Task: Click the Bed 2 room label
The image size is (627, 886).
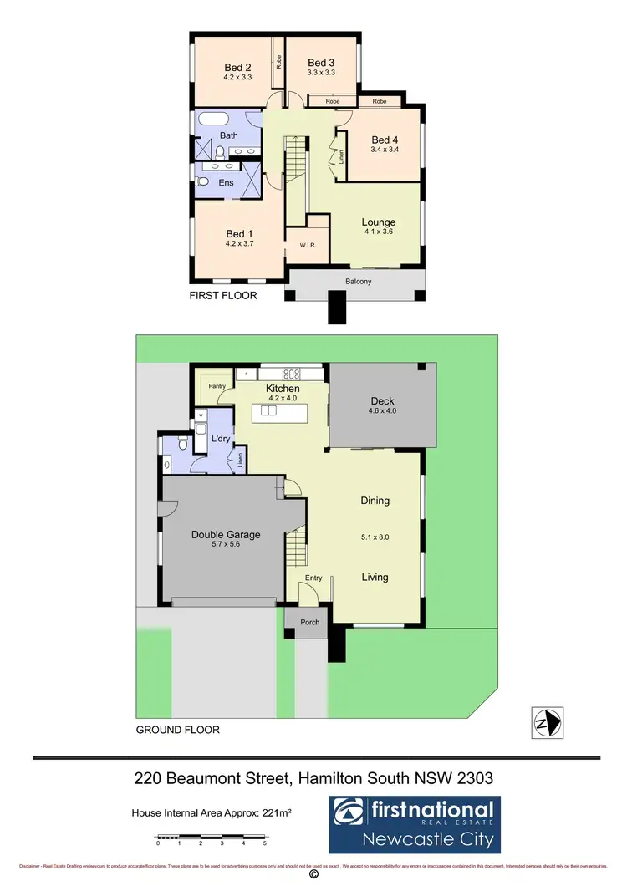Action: [237, 68]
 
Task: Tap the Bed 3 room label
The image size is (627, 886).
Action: [321, 63]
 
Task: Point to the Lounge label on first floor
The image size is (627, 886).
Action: [378, 222]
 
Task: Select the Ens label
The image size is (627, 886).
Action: [226, 181]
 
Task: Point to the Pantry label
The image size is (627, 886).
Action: [217, 386]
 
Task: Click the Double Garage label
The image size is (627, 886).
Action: [226, 535]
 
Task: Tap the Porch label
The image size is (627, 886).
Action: [310, 623]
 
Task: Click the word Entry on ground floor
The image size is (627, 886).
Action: [313, 578]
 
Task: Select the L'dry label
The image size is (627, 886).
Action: [221, 439]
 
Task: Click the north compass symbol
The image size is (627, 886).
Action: [548, 721]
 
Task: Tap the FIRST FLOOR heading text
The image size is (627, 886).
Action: [222, 296]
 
